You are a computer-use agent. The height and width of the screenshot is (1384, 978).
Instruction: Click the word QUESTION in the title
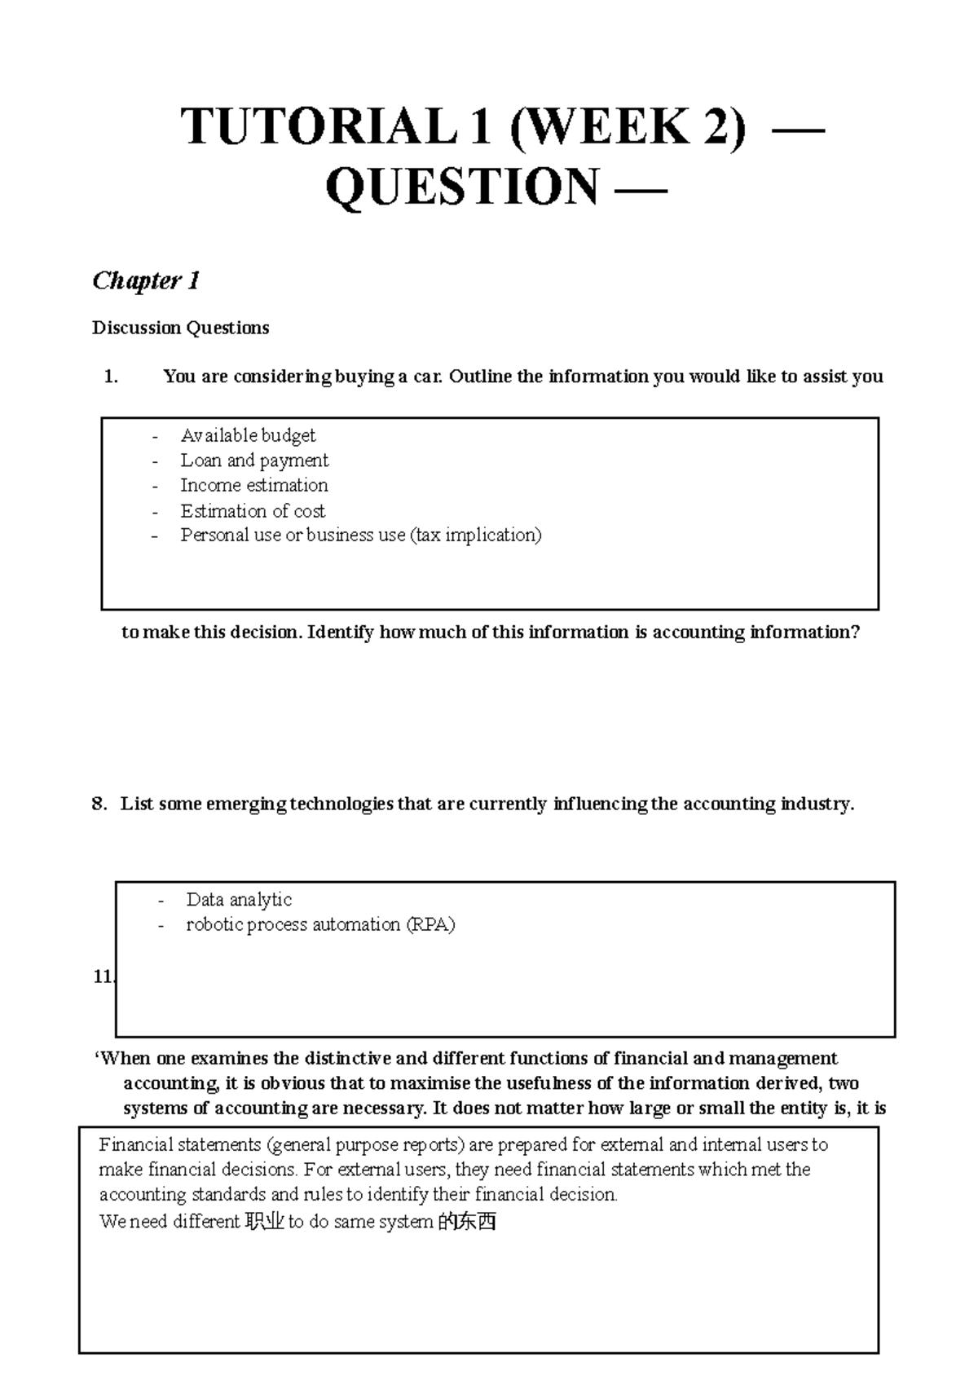(462, 187)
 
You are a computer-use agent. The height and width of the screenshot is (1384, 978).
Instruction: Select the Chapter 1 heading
(146, 281)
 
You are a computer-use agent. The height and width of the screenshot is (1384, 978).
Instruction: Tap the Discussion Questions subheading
(180, 328)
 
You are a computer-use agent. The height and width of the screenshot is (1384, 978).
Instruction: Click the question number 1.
(111, 377)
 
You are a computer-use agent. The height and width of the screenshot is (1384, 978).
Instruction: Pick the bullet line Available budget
(248, 435)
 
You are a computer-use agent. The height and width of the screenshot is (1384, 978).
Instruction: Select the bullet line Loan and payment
(254, 461)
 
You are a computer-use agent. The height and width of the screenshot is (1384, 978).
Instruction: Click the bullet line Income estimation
(254, 486)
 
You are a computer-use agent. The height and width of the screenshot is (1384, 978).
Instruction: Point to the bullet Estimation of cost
(253, 511)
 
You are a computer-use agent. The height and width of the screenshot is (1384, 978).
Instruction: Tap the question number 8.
(99, 804)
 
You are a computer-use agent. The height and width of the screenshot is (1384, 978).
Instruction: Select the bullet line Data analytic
(239, 900)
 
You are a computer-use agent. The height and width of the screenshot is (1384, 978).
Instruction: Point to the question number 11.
(103, 976)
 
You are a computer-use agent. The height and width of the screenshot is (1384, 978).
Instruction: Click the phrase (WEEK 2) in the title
(628, 128)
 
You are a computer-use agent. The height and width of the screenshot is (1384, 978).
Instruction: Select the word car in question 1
(429, 377)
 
